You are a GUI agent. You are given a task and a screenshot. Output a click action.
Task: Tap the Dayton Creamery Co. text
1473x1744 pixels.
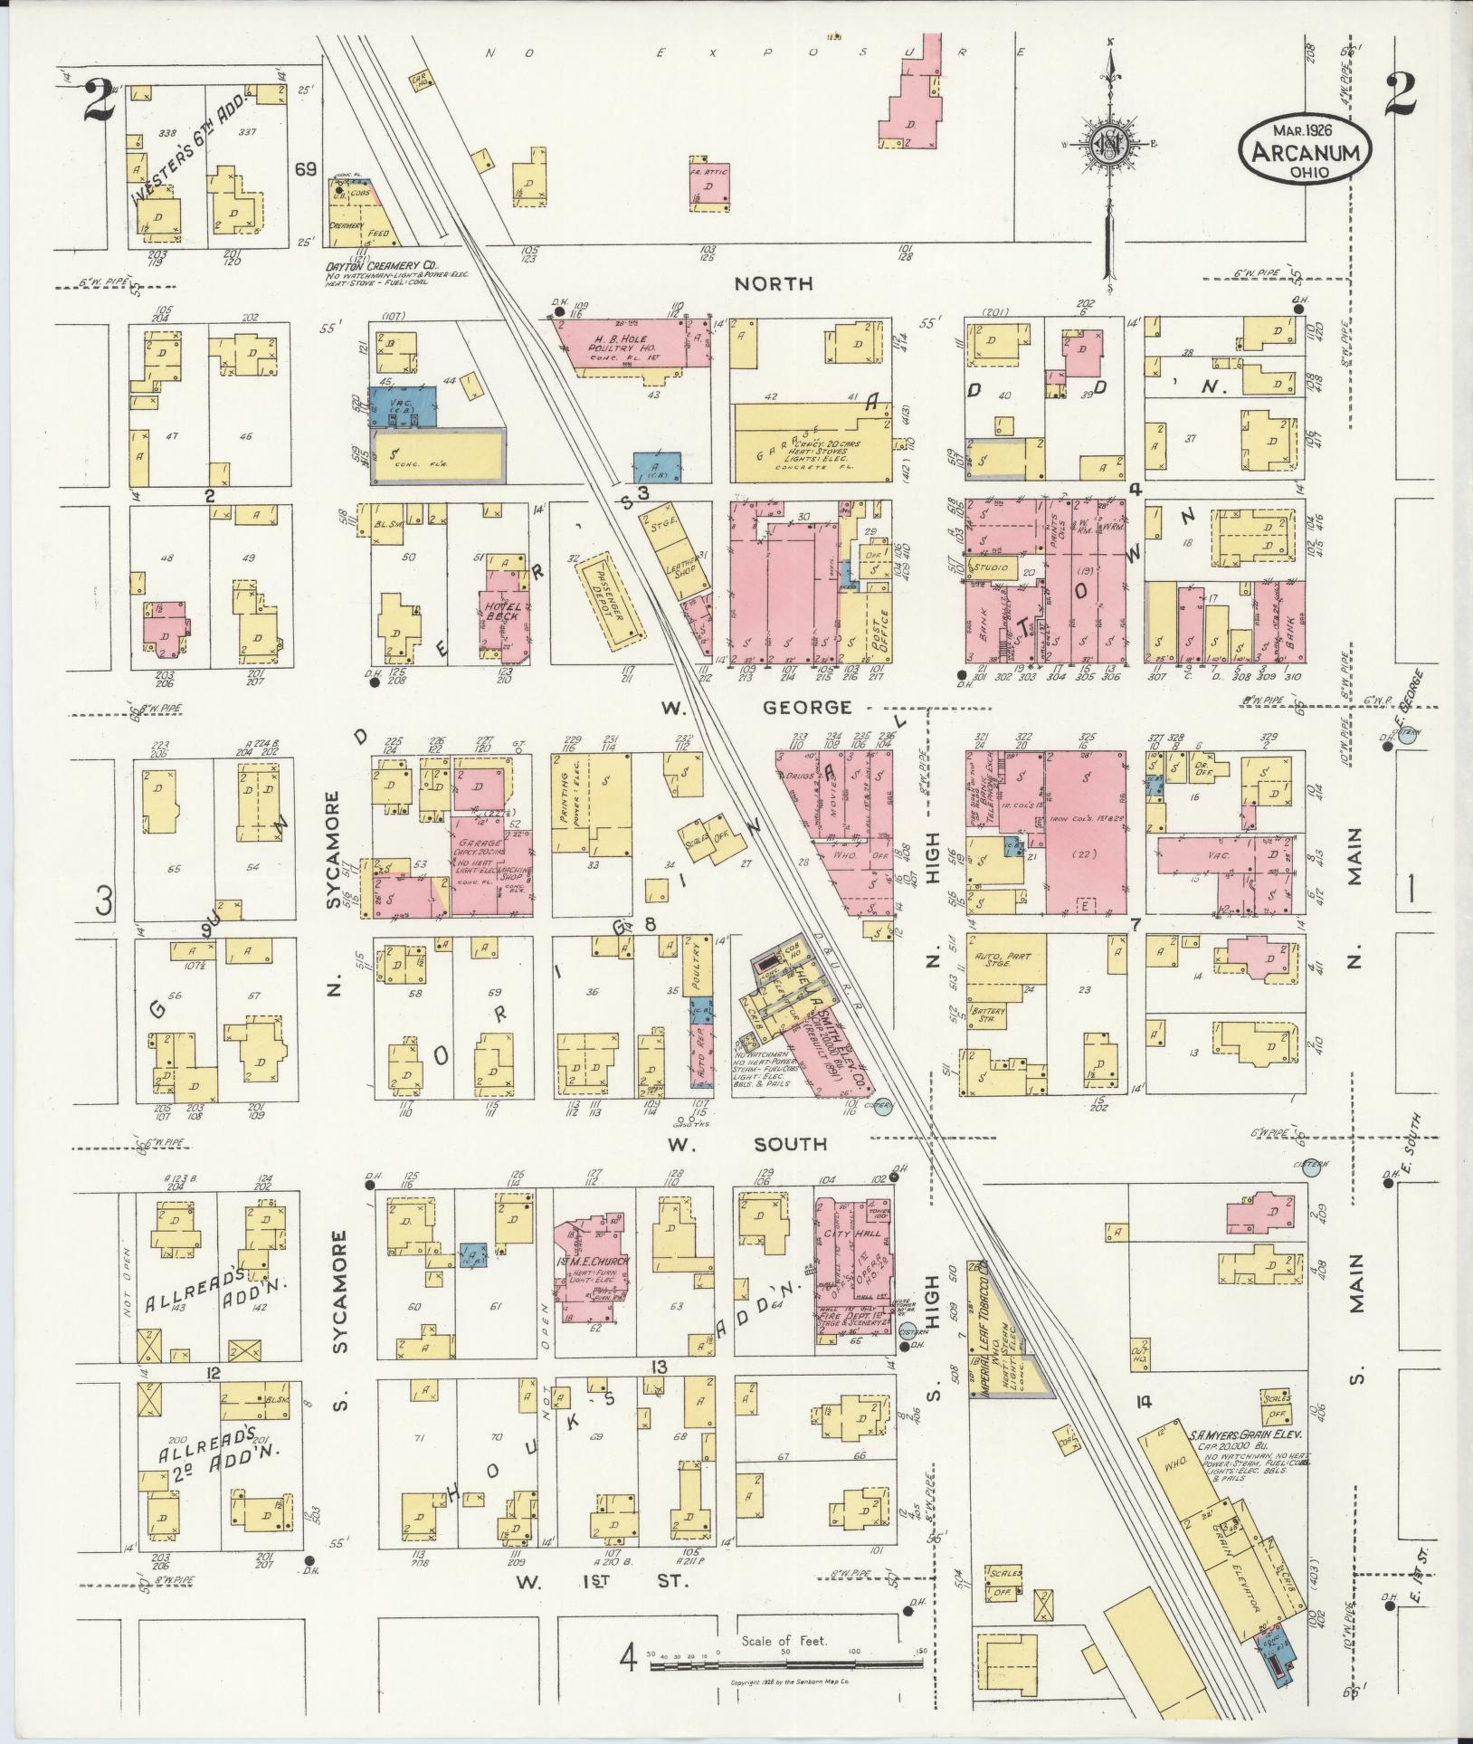pyautogui.click(x=383, y=268)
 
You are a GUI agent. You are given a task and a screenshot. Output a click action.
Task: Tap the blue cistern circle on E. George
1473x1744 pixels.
pyautogui.click(x=1405, y=736)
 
